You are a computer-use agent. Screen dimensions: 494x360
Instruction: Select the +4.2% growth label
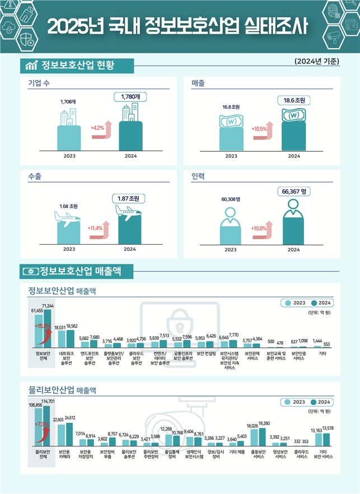pos(99,128)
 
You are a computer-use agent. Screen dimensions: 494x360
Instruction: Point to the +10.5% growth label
pos(260,129)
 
